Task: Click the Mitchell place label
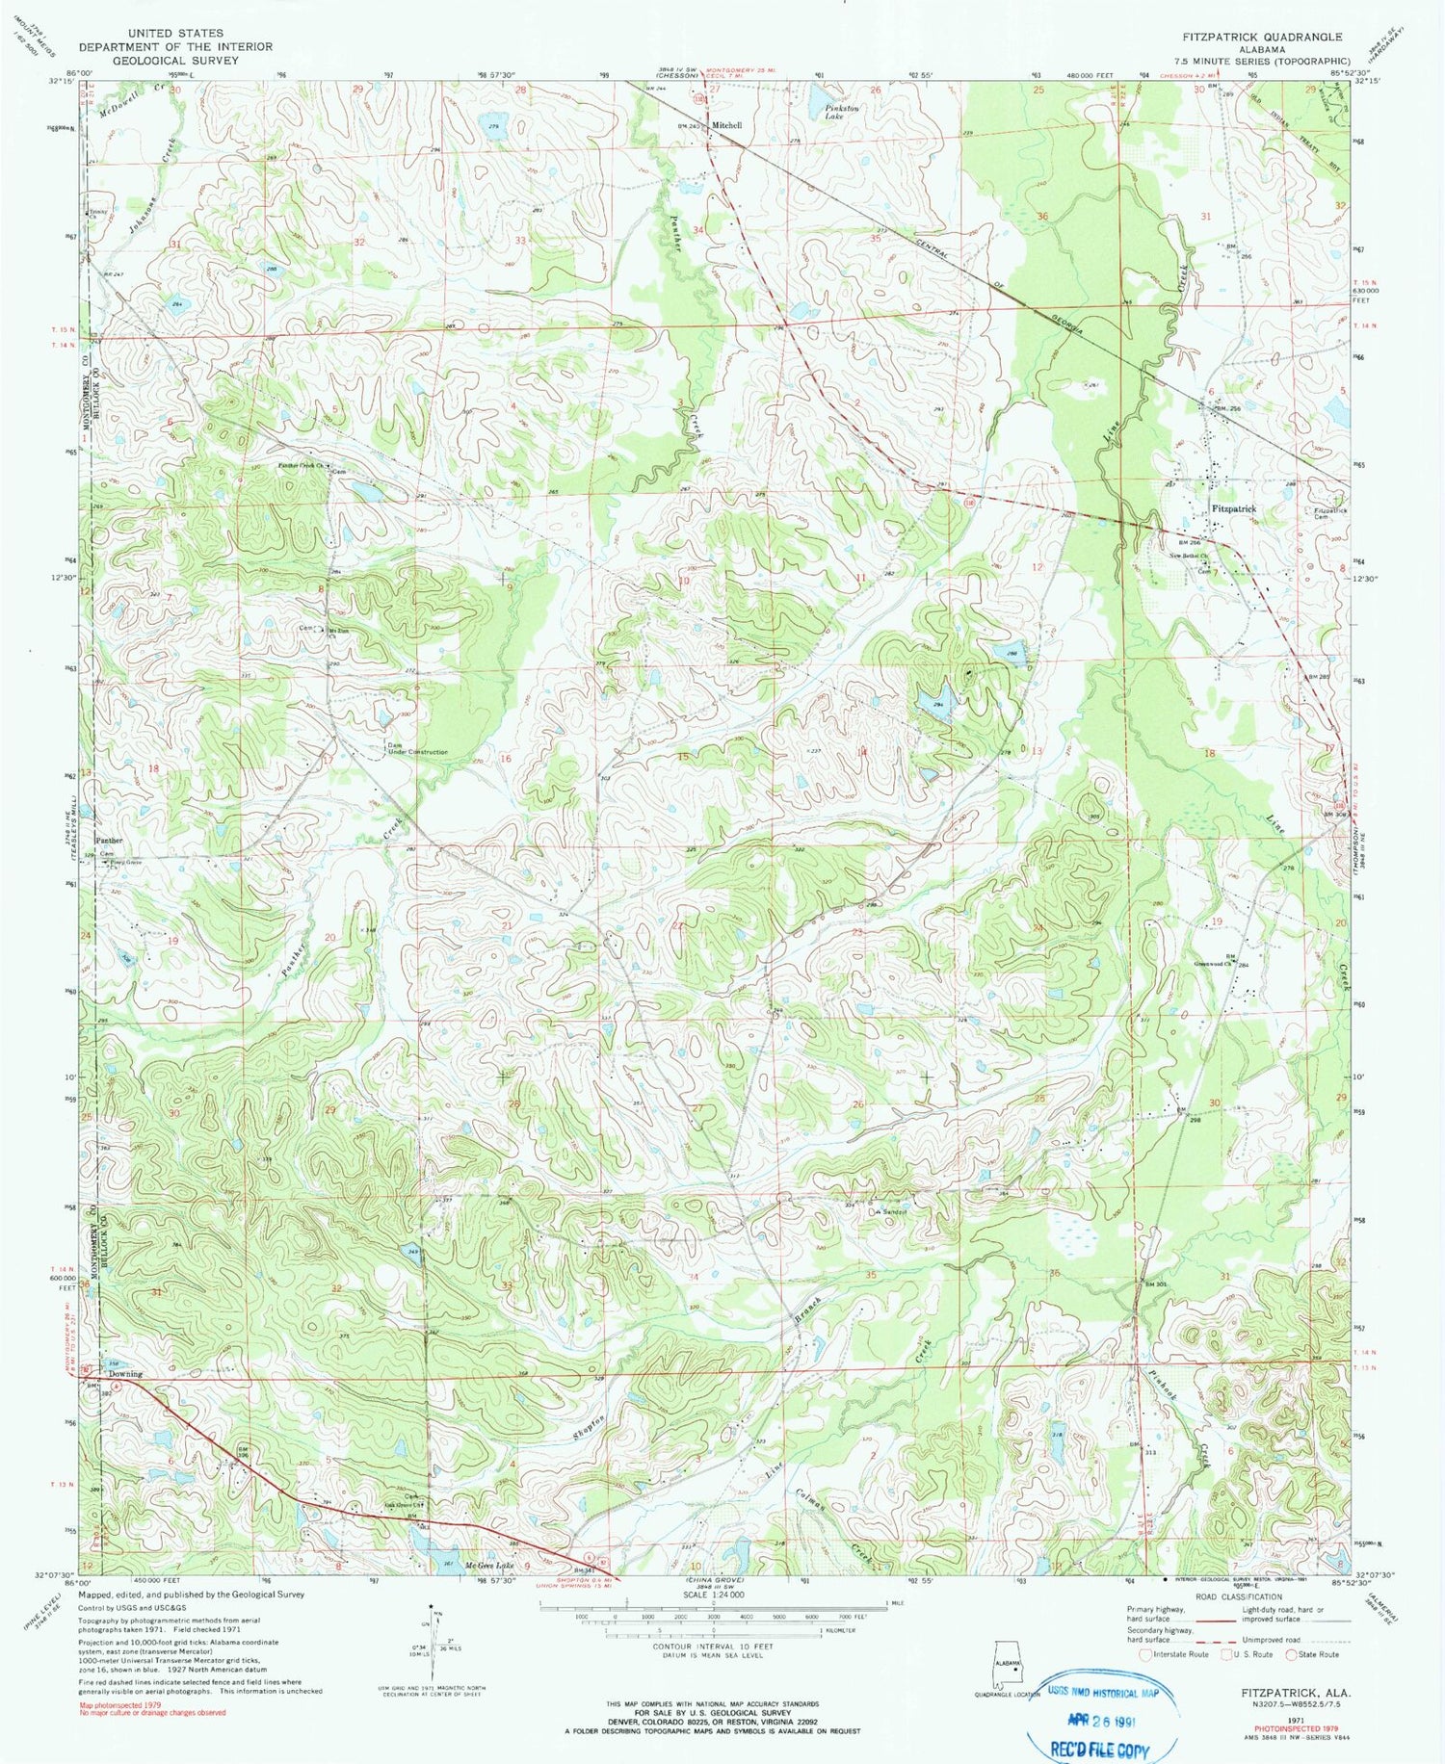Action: [727, 125]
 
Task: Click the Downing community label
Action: [125, 1374]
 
